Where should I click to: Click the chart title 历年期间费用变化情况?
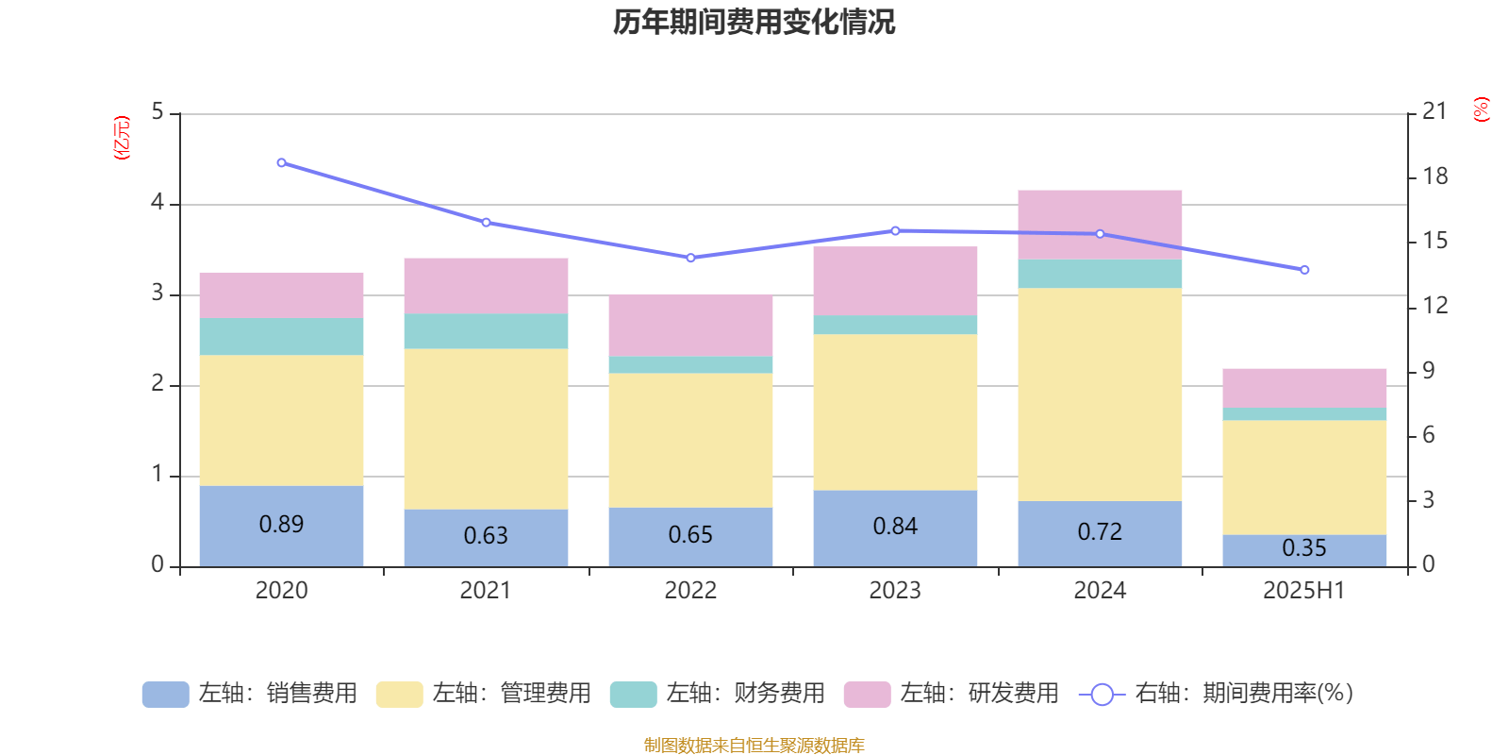pos(754,22)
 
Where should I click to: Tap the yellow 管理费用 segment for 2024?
pos(1100,394)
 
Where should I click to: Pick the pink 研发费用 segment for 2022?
pos(690,326)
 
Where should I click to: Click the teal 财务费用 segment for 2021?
pos(486,331)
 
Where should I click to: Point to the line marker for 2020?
pos(281,163)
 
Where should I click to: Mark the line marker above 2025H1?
pos(1304,270)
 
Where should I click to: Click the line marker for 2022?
pos(690,258)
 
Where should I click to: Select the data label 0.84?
pos(895,527)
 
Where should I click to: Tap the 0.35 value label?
pos(1304,548)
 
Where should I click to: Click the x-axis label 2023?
pos(895,591)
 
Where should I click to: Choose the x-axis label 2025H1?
pos(1304,591)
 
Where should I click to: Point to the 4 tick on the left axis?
pos(158,203)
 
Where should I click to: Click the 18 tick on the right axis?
pos(1434,176)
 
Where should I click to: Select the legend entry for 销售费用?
pos(250,694)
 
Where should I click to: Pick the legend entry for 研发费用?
pos(952,694)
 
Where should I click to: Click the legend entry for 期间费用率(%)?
pos(1217,694)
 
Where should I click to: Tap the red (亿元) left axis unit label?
pos(122,138)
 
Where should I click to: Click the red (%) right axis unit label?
pos(1482,109)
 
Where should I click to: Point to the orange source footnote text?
pos(754,746)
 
